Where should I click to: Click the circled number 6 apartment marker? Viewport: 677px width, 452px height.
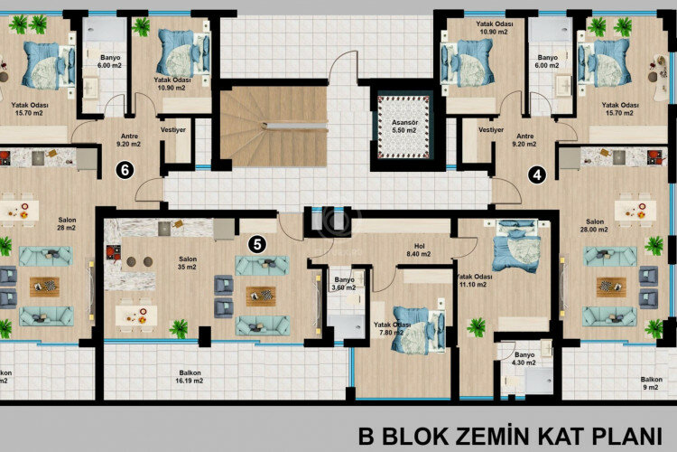[125, 169]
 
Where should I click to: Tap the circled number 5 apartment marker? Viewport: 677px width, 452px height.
[258, 242]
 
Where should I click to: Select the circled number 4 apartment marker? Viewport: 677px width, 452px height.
[539, 175]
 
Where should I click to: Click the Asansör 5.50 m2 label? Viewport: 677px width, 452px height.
[398, 126]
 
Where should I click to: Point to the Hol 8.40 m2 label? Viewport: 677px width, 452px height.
[418, 249]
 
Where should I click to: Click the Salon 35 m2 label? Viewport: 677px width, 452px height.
[187, 262]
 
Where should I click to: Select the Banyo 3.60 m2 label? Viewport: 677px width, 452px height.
[344, 284]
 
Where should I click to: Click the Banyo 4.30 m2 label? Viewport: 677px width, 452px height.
[524, 359]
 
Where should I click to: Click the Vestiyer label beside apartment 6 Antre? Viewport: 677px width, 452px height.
[175, 129]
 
